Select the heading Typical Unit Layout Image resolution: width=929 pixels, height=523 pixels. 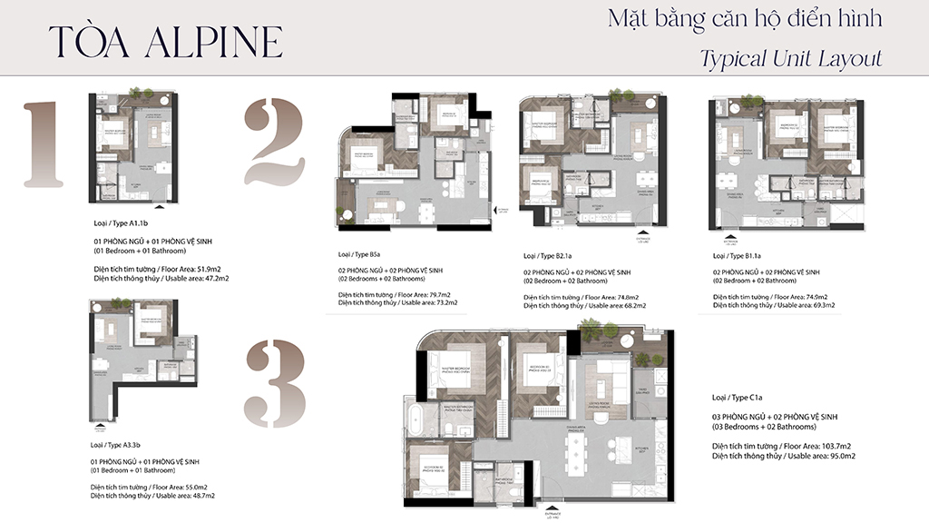click(790, 59)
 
